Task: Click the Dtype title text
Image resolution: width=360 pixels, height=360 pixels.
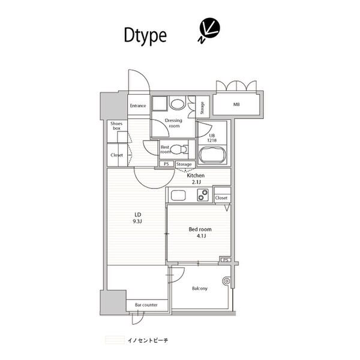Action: click(145, 36)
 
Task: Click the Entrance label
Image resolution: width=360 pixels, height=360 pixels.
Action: click(137, 106)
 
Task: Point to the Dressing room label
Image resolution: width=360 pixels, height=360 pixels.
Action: click(174, 124)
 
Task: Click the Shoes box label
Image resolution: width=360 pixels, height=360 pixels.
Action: click(116, 126)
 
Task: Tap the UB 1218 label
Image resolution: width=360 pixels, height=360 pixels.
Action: click(211, 137)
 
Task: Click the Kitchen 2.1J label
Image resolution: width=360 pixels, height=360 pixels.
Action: click(196, 178)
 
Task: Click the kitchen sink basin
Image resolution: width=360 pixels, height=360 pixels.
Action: click(179, 194)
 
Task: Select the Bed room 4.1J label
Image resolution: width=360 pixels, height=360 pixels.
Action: click(200, 232)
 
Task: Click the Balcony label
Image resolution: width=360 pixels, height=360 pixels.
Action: click(200, 289)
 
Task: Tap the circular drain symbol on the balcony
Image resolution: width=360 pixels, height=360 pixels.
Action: click(226, 280)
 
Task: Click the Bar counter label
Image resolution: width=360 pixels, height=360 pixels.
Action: click(146, 305)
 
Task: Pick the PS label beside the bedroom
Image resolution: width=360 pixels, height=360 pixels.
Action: click(225, 260)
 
